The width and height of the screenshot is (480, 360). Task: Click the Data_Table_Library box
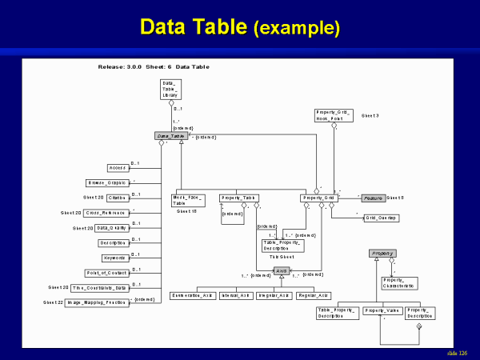point(170,90)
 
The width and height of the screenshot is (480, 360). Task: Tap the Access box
point(118,168)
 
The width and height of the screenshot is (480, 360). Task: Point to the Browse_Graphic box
point(106,182)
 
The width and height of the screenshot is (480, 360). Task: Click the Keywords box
point(114,258)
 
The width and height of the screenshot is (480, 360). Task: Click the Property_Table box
point(238,198)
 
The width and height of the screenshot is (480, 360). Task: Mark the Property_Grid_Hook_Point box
point(334,116)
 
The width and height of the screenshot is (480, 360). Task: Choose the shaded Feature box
point(372,198)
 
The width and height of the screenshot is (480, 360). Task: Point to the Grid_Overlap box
point(381,217)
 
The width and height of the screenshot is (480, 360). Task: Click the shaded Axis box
point(281,271)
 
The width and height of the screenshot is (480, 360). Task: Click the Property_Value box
point(381,310)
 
